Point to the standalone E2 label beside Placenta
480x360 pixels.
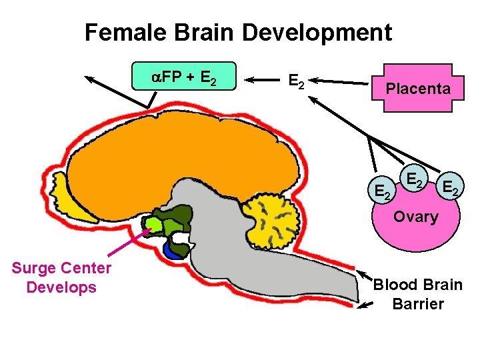pyautogui.click(x=296, y=81)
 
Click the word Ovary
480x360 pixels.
pyautogui.click(x=415, y=217)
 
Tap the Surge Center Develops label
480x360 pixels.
pyautogui.click(x=61, y=278)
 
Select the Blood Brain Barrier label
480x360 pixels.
pyautogui.click(x=418, y=294)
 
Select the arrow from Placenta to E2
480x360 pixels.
pyautogui.click(x=340, y=83)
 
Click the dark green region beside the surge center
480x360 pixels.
pyautogui.click(x=177, y=220)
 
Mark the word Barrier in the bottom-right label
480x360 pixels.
pyautogui.click(x=418, y=304)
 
